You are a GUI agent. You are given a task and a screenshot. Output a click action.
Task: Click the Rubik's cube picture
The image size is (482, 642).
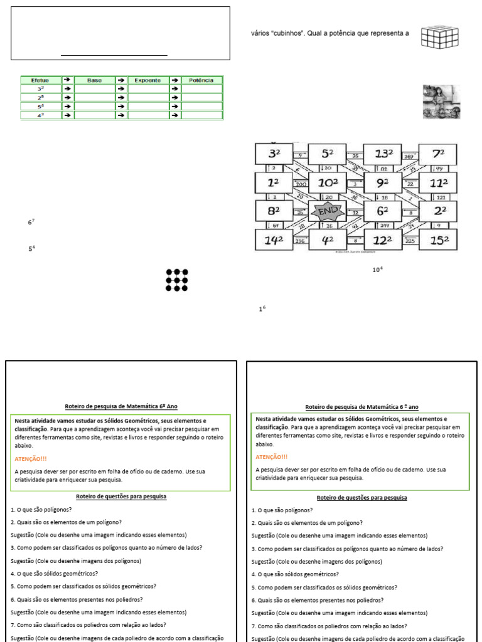click(x=439, y=37)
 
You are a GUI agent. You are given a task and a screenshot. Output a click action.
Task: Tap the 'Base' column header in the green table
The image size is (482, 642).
click(x=95, y=80)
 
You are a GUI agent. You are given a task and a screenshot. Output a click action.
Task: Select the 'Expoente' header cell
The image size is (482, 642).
click(x=148, y=80)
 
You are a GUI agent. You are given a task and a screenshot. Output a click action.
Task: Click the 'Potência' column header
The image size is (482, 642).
click(x=201, y=80)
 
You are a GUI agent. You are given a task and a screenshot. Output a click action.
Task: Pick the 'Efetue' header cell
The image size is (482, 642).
click(x=40, y=80)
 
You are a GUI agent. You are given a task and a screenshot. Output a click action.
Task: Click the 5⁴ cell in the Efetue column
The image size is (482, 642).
click(x=40, y=107)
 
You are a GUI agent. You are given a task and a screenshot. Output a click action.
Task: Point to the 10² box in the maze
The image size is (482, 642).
click(x=327, y=183)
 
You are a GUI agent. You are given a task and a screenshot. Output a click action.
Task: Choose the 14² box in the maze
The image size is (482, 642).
click(x=274, y=239)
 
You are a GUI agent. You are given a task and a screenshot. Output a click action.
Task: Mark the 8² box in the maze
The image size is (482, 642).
click(x=274, y=211)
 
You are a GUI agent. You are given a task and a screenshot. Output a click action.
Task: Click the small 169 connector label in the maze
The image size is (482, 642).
click(x=408, y=156)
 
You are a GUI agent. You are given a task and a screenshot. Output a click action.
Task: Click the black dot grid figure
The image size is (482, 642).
click(x=177, y=280)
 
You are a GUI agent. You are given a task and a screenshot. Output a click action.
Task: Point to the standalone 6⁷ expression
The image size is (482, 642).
click(x=31, y=223)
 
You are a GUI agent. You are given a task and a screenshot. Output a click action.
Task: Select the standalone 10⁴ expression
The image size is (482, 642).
click(x=377, y=270)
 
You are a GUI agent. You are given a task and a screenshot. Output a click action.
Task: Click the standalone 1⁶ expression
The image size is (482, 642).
click(x=262, y=309)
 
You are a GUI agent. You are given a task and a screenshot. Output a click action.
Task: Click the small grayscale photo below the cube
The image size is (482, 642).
click(x=441, y=102)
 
